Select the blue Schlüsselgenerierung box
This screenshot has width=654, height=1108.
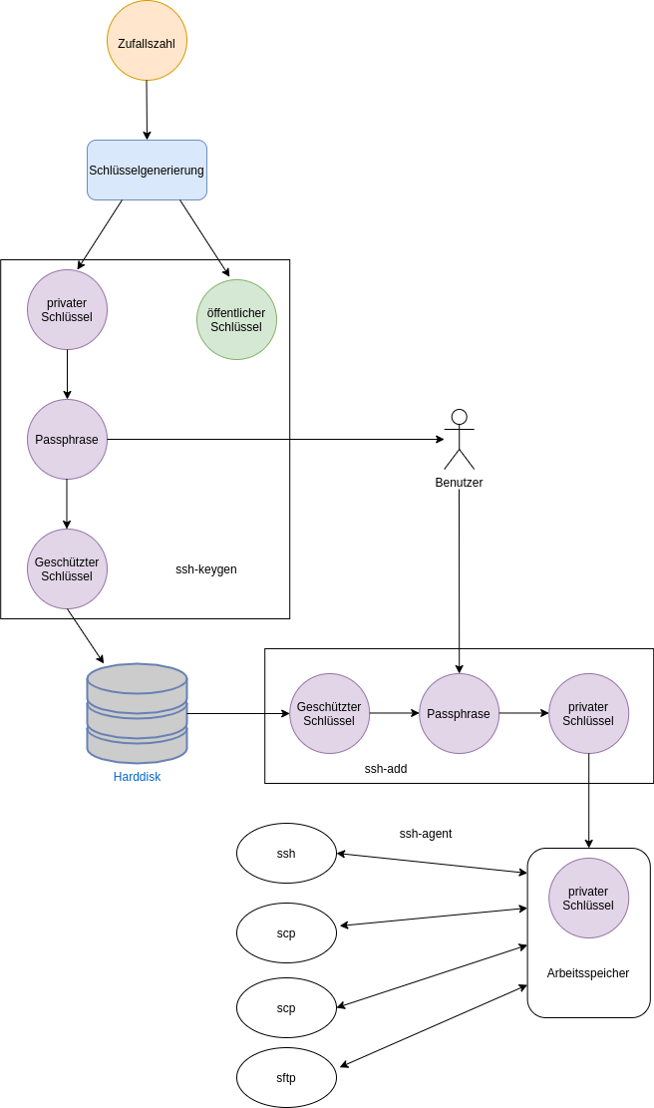coord(147,170)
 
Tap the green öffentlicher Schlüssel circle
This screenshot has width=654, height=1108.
coord(236,319)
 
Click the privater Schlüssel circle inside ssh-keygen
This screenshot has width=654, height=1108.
coord(67,309)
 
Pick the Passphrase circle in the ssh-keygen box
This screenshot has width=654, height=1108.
coord(67,439)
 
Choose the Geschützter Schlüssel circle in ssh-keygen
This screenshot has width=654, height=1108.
coord(67,568)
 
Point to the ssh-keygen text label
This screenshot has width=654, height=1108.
coord(205,569)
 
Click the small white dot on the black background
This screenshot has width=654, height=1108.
coord(459,417)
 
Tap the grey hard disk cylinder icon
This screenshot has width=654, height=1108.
coord(137,712)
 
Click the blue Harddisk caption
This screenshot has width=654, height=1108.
coord(137,776)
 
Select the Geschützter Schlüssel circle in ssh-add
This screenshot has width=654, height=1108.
coord(329,713)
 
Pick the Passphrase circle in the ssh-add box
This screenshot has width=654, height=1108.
coord(459,713)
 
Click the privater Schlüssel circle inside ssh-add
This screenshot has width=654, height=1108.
coord(588,713)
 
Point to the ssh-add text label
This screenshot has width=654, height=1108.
coord(385,769)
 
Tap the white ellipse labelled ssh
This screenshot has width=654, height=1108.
coord(286,853)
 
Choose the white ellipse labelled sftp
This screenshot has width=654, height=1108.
coord(286,1077)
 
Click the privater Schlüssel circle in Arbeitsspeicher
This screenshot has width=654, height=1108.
coord(588,898)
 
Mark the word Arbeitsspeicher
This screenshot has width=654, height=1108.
coord(587,973)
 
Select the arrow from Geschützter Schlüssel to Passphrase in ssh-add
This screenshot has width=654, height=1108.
coord(394,713)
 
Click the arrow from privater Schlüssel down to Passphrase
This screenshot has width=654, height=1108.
coord(67,374)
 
